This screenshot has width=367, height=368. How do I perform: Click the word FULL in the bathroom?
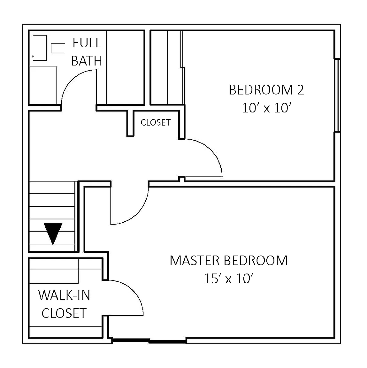87,43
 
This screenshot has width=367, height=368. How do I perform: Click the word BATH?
87,61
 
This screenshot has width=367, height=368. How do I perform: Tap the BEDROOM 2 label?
267,90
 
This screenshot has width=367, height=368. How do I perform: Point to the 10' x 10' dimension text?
267,108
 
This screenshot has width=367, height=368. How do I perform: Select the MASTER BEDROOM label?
229,261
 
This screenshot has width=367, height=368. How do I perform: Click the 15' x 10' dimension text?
228,279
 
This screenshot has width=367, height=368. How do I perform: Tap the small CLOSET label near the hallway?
156,123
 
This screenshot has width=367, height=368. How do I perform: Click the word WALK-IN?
64,295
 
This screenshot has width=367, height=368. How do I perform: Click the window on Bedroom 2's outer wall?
337,95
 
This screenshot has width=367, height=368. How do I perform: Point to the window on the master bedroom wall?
149,340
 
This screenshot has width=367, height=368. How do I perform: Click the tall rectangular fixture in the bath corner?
40,48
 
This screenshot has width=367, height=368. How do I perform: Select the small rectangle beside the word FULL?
58,48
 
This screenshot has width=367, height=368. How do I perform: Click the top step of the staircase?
52,187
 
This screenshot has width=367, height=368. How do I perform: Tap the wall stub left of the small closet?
130,123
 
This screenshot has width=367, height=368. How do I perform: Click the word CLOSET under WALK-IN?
64,313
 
